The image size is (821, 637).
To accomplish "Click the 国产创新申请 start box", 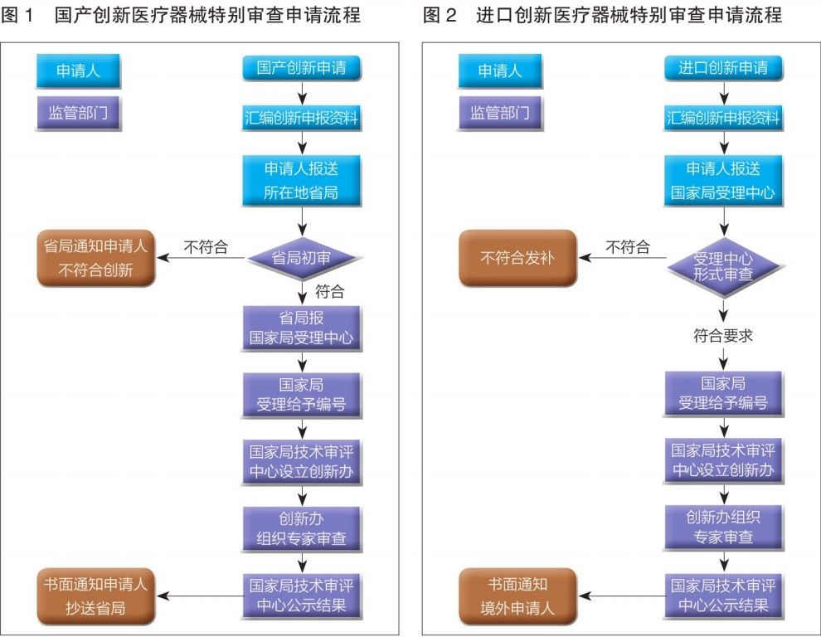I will click(x=301, y=68).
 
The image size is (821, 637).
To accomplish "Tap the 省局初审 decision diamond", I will click(x=301, y=258).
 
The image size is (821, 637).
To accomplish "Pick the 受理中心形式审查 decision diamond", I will click(x=723, y=265).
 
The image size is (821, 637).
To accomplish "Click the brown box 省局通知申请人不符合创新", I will click(x=95, y=258).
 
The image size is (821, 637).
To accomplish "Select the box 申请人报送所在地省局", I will click(x=301, y=181).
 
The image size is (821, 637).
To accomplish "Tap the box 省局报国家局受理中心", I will click(x=301, y=328).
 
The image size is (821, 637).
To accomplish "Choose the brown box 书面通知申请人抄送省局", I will click(x=95, y=596).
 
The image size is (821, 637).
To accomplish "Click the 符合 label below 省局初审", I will click(x=329, y=291).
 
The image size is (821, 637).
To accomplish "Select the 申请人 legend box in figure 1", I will click(x=78, y=71).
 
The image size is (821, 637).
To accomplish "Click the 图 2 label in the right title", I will click(x=440, y=16).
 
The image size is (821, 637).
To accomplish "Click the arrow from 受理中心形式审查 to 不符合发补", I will click(x=622, y=258).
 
